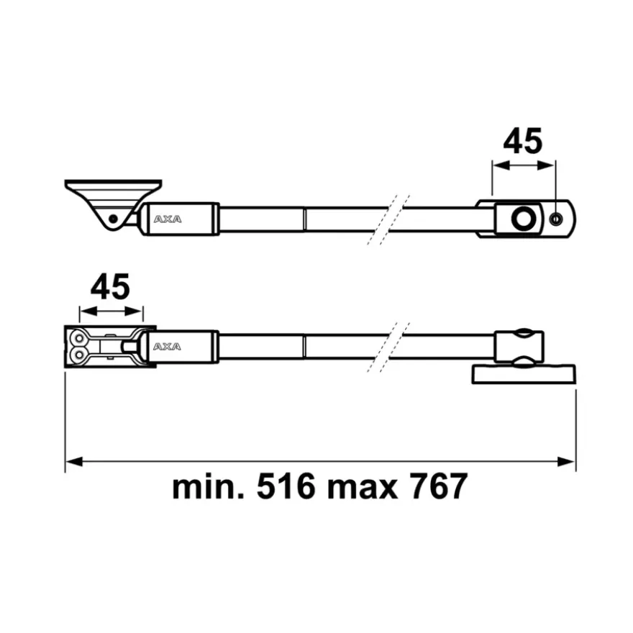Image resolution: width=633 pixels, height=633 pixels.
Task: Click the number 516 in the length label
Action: pos(286,486)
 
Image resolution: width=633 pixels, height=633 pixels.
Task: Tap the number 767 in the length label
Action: pos(439,486)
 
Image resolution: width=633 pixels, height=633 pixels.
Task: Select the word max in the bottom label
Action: pos(362,489)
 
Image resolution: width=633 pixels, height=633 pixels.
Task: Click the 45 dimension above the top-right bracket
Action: pos(523,141)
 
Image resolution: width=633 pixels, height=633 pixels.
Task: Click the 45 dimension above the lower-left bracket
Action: pos(110,287)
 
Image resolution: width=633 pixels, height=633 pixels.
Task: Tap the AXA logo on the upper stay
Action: pos(168,219)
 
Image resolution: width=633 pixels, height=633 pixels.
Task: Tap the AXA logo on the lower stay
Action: pos(167,347)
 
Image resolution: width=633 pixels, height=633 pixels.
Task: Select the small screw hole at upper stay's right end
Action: pos(556,219)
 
